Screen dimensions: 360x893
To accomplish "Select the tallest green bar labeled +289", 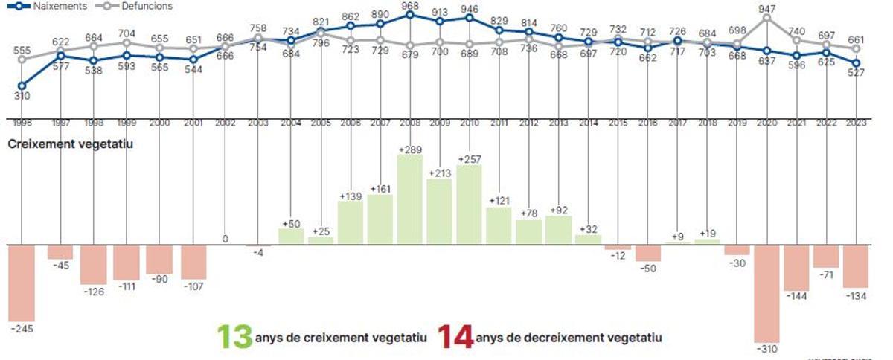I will pyautogui.click(x=409, y=199).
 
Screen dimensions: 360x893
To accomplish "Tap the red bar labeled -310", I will pyautogui.click(x=766, y=293).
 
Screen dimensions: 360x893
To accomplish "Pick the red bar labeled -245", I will pyautogui.click(x=22, y=282).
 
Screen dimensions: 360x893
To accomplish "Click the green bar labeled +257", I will pyautogui.click(x=469, y=205).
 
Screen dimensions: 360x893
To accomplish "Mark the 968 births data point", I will pyautogui.click(x=409, y=14).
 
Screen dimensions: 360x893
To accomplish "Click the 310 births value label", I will pyautogui.click(x=22, y=97).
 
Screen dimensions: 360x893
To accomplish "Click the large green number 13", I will pyautogui.click(x=234, y=337).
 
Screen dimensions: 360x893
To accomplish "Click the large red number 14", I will pyautogui.click(x=455, y=337).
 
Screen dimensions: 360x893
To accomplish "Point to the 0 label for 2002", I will pyautogui.click(x=225, y=239).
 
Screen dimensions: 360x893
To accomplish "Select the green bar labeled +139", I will pyautogui.click(x=350, y=222).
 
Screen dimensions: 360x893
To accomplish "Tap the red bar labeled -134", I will pyautogui.click(x=856, y=266).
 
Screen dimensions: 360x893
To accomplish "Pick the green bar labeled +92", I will pyautogui.click(x=558, y=230).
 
